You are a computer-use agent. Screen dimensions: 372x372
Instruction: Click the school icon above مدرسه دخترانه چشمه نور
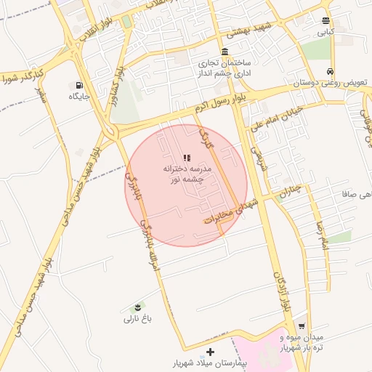tap(186, 157)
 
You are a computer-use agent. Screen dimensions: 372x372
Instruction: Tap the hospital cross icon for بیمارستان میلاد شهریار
tap(211, 352)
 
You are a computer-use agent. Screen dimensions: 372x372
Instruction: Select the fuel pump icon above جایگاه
tap(78, 85)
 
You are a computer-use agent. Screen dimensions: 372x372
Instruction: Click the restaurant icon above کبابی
tap(325, 21)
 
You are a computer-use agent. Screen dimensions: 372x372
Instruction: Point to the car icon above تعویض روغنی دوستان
tap(331, 72)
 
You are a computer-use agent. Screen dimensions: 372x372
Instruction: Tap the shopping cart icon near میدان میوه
tap(302, 326)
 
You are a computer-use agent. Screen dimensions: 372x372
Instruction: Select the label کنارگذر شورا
tap(24, 76)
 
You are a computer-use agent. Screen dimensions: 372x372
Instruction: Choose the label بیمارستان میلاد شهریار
tap(211, 362)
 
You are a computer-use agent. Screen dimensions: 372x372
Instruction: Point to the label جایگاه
tap(78, 96)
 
